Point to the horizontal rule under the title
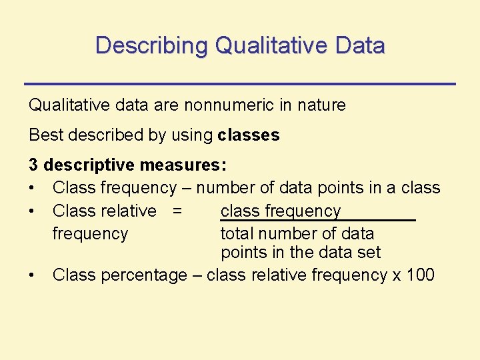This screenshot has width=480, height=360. click(239, 83)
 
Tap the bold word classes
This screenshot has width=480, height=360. click(249, 135)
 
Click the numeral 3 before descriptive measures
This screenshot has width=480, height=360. click(33, 165)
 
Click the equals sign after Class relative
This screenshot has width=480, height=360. click(177, 211)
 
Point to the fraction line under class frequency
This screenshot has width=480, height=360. click(317, 220)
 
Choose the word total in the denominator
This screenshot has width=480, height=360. click(237, 234)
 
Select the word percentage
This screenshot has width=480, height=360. click(144, 275)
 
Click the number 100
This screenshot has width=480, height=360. click(420, 275)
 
